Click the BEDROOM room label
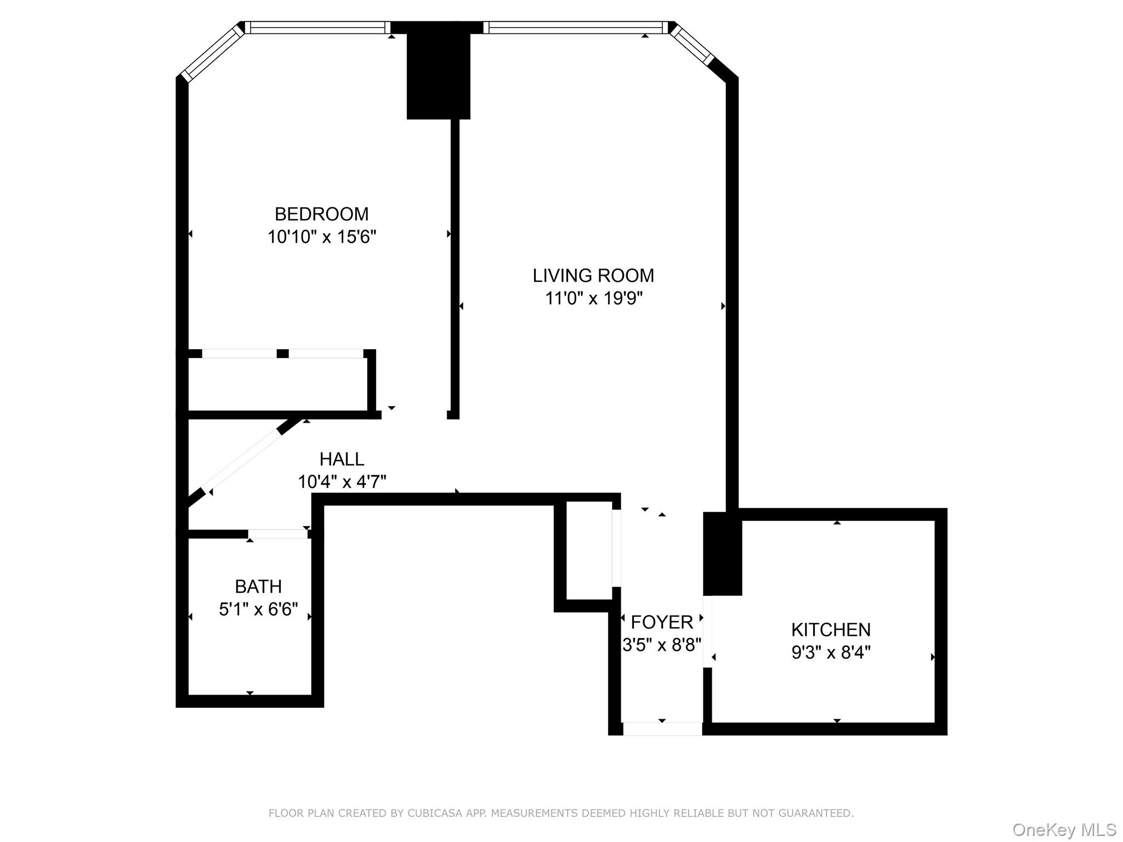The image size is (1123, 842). [321, 214]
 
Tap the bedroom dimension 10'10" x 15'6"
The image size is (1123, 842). [321, 237]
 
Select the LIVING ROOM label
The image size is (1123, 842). [593, 275]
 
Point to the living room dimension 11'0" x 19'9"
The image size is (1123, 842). [593, 298]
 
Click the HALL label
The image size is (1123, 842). [342, 459]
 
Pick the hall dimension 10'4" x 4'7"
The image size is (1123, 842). [342, 482]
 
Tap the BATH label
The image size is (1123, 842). [258, 587]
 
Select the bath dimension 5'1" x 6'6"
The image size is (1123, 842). [258, 609]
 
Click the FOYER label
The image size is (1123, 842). [662, 622]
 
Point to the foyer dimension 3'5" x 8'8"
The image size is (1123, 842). [662, 645]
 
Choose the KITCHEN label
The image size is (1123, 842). [830, 629]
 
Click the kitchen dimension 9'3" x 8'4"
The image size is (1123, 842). [830, 652]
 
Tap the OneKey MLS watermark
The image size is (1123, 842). [1064, 830]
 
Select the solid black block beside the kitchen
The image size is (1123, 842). [722, 554]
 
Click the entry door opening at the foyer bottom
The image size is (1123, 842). [662, 729]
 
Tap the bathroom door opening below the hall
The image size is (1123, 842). [277, 534]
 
